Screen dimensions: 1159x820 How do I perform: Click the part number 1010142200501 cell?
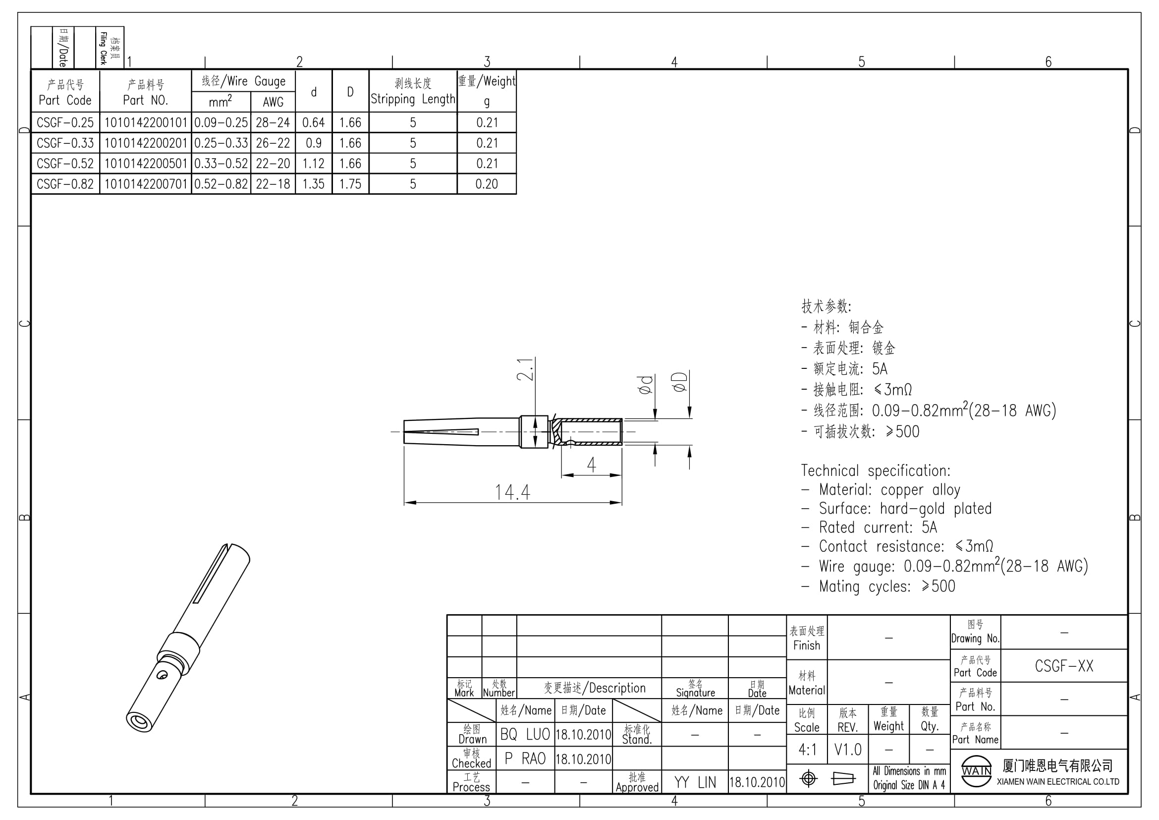pos(145,164)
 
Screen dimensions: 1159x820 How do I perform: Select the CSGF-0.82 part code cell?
pos(65,184)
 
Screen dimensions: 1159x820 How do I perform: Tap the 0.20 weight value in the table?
pos(487,184)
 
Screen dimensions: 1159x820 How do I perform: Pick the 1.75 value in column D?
pos(350,184)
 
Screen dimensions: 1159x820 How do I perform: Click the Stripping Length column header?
pos(413,91)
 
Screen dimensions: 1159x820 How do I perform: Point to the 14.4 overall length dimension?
pos(512,492)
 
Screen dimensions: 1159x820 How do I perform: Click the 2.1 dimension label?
pos(525,369)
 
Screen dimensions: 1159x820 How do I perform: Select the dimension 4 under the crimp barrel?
pos(591,465)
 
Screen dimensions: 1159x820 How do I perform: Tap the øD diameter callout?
pos(679,382)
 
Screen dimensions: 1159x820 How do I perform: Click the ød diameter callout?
pos(646,385)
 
